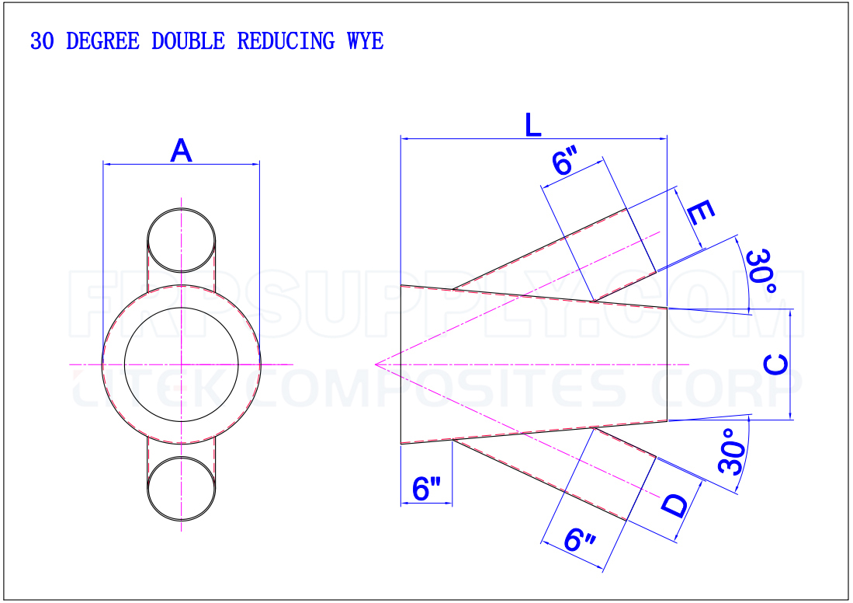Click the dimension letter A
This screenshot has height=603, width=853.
pyautogui.click(x=181, y=151)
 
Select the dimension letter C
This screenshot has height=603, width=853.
pyautogui.click(x=775, y=364)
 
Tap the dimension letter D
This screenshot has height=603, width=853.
pyautogui.click(x=674, y=506)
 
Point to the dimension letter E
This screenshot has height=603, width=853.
pyautogui.click(x=699, y=212)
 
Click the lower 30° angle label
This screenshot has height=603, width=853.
pyautogui.click(x=732, y=451)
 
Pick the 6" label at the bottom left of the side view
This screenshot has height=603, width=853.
pyautogui.click(x=426, y=489)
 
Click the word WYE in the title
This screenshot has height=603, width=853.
pyautogui.click(x=365, y=41)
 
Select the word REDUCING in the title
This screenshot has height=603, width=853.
pyautogui.click(x=286, y=41)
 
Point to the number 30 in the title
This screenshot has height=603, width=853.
pyautogui.click(x=42, y=41)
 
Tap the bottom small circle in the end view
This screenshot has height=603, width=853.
pyautogui.click(x=182, y=487)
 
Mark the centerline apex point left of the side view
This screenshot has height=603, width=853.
pyautogui.click(x=375, y=364)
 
